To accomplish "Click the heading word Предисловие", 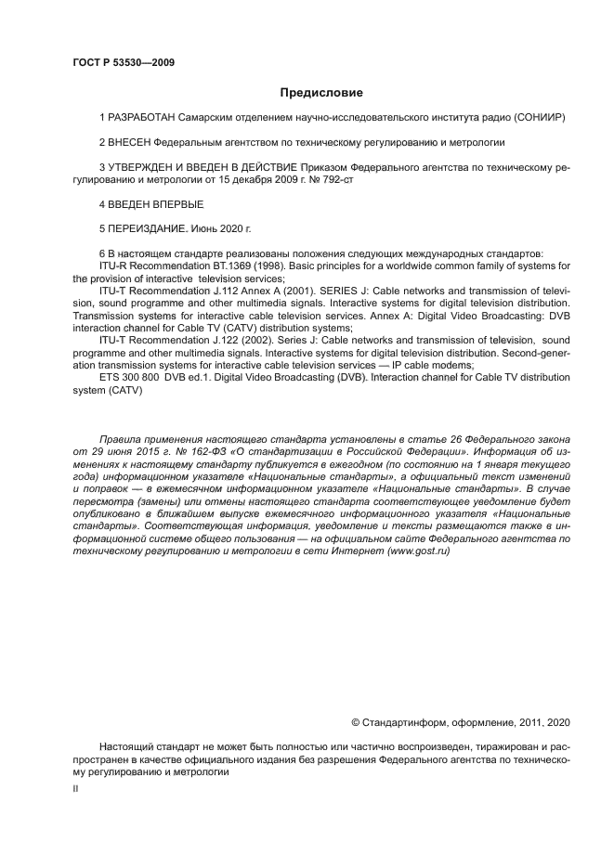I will [x=321, y=93].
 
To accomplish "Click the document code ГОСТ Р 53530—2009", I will [x=123, y=62].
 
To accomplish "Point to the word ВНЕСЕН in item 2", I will [x=129, y=143].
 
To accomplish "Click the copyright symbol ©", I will [x=355, y=721].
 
